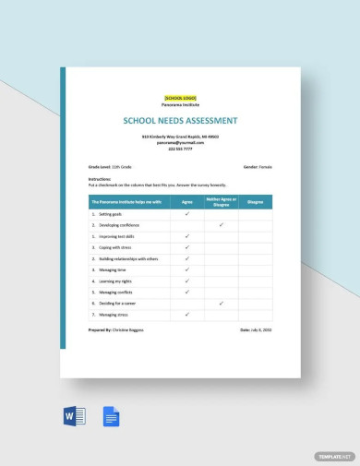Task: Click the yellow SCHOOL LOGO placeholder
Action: [x=180, y=98]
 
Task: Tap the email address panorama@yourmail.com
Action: [x=180, y=143]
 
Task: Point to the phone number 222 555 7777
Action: [x=180, y=149]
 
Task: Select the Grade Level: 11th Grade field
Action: [x=112, y=168]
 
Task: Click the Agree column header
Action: [x=187, y=201]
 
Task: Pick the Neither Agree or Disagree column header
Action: [x=222, y=201]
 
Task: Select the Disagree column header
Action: [x=255, y=201]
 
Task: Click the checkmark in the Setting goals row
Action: [x=187, y=214]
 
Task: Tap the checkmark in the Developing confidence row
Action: [x=222, y=225]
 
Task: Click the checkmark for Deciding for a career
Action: [x=222, y=303]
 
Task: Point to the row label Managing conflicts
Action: [x=117, y=292]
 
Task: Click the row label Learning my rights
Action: [x=116, y=281]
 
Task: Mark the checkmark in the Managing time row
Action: [x=187, y=269]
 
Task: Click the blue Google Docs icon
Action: [x=112, y=416]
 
